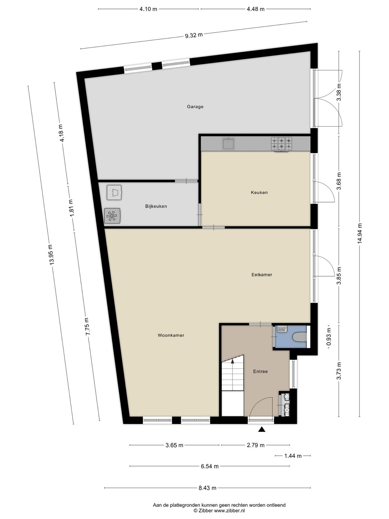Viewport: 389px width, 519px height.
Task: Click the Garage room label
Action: click(x=195, y=107)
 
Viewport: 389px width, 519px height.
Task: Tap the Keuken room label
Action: click(x=259, y=192)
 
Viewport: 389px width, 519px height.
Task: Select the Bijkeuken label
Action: click(x=156, y=207)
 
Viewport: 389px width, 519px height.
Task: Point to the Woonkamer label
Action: click(x=171, y=335)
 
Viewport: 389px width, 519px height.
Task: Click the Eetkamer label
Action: click(x=261, y=275)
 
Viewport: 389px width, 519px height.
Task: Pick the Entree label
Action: click(x=260, y=371)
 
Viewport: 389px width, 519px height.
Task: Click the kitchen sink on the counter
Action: click(x=228, y=144)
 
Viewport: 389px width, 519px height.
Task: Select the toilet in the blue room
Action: click(x=300, y=337)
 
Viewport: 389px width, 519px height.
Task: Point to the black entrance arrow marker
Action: click(x=261, y=429)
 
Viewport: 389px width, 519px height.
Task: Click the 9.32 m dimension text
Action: click(x=194, y=35)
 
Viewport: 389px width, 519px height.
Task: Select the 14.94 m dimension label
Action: click(x=359, y=234)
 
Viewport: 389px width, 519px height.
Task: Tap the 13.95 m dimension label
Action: click(x=51, y=255)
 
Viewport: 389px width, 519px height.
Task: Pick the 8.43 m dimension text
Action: click(x=207, y=488)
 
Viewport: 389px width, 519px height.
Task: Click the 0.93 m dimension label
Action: click(x=328, y=336)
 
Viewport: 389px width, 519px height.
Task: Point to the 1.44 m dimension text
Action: click(x=293, y=456)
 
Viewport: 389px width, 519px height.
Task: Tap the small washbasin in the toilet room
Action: click(x=282, y=329)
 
